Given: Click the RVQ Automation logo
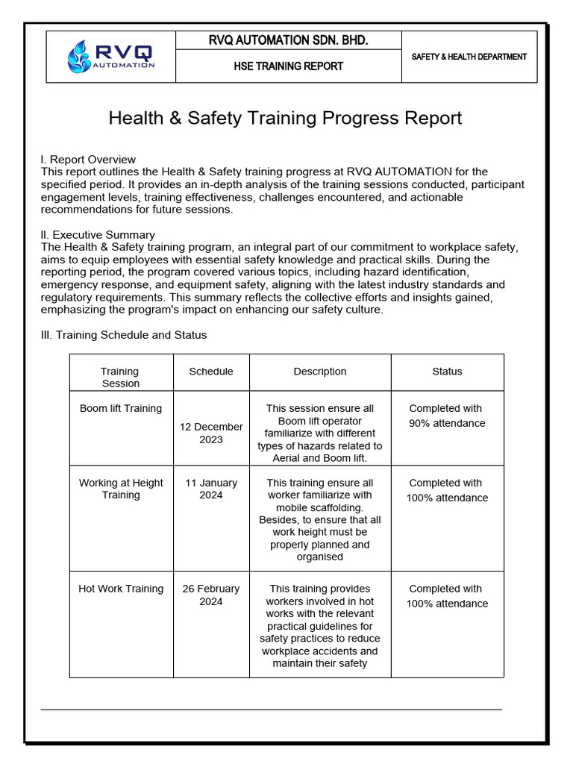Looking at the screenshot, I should (110, 57).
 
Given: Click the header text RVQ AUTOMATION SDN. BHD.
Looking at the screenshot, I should (288, 40).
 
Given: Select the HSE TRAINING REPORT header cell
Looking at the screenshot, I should (288, 66).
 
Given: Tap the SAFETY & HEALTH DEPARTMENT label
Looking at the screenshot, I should (469, 57).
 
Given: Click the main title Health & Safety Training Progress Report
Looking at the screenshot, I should (285, 118).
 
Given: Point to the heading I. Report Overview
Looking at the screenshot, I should (88, 159).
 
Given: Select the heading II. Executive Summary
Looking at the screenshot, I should (98, 234).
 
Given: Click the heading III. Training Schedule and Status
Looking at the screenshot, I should (123, 335).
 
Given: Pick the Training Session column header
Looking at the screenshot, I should (120, 377).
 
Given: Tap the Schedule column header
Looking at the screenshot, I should (211, 371).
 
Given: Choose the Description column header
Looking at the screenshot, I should (319, 371).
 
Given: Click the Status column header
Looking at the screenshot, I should (447, 371).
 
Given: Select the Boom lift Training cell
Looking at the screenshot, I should (120, 408).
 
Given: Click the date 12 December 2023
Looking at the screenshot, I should (211, 433).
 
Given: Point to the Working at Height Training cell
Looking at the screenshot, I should (121, 489).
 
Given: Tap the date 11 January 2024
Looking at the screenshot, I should (211, 489).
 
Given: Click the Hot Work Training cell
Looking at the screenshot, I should (121, 589).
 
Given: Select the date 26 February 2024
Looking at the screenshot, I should (211, 595).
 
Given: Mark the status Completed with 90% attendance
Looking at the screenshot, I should (446, 416).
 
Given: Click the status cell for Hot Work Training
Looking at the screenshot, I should (446, 596).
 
